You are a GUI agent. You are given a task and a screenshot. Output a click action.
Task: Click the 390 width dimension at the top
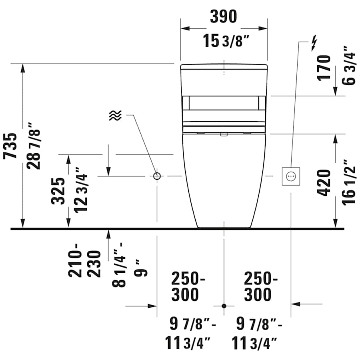point(224,17)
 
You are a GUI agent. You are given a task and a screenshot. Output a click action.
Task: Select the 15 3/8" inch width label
point(228,41)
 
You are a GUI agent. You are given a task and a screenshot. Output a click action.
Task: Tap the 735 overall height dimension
point(11,146)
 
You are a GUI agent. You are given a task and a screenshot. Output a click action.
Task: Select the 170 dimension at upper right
point(325,68)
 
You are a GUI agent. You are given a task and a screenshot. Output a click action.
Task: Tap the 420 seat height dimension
point(325,182)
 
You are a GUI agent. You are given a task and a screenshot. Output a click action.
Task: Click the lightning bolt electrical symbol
point(314,43)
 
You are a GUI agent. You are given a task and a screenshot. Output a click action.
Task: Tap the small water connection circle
point(157,176)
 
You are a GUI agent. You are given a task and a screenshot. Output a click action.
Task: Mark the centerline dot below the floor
point(224,306)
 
